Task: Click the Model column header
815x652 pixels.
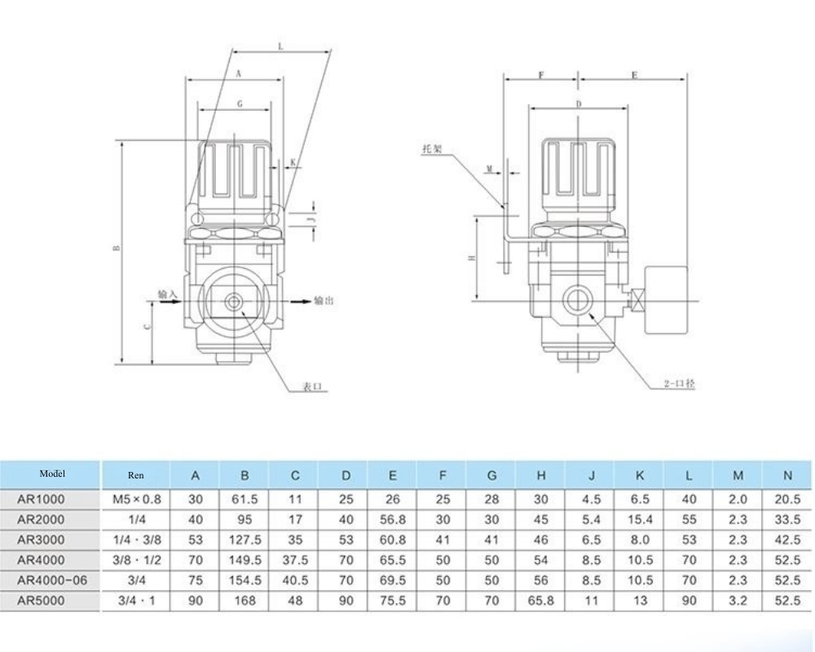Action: pyautogui.click(x=51, y=474)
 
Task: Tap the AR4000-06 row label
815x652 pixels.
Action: pyautogui.click(x=51, y=580)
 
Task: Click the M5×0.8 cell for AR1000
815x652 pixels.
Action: pyautogui.click(x=135, y=498)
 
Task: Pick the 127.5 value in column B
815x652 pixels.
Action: pyautogui.click(x=245, y=540)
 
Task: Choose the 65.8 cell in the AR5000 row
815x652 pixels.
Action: pyautogui.click(x=541, y=601)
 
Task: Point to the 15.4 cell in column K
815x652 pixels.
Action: pyautogui.click(x=640, y=519)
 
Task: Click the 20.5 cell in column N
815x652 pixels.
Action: pyautogui.click(x=786, y=498)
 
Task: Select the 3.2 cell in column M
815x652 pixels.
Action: pyautogui.click(x=738, y=601)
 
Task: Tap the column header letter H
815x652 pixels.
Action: pyautogui.click(x=541, y=475)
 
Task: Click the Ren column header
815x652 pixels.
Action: pyautogui.click(x=135, y=475)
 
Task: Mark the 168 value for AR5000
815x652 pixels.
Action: pyautogui.click(x=245, y=601)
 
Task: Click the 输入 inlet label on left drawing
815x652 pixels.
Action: pyautogui.click(x=167, y=293)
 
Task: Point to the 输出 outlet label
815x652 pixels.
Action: pyautogui.click(x=324, y=301)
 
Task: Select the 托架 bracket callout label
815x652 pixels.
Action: pyautogui.click(x=432, y=150)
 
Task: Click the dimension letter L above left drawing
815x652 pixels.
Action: pyautogui.click(x=280, y=47)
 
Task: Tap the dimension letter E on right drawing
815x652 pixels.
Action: pyautogui.click(x=634, y=75)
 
